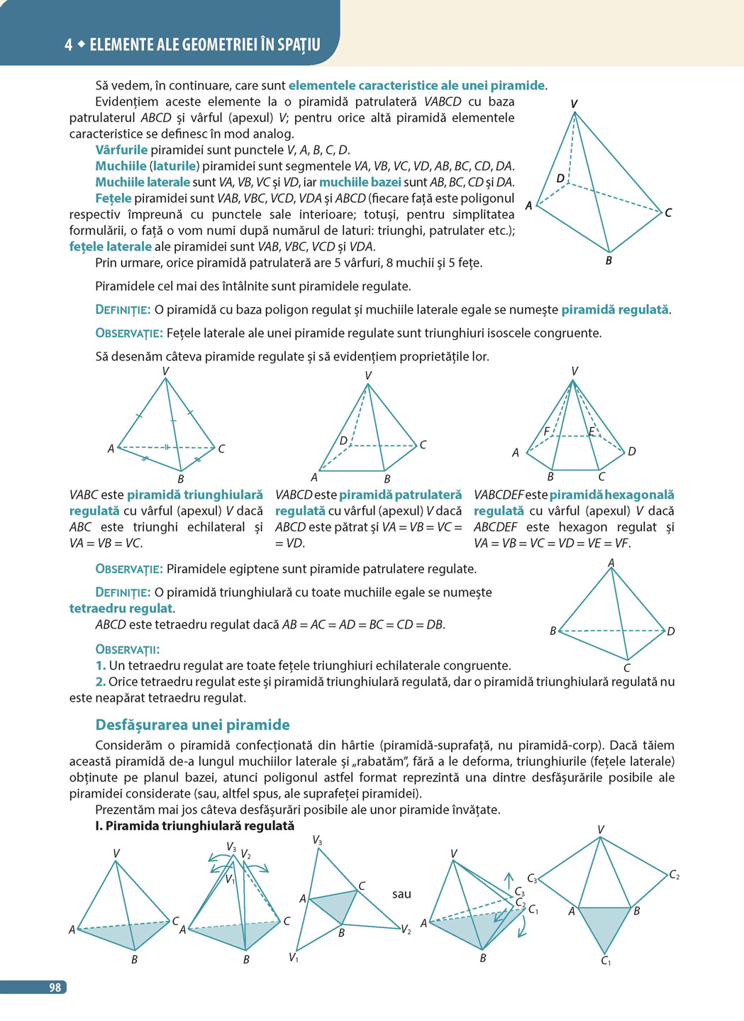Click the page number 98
(55, 987)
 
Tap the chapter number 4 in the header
(68, 45)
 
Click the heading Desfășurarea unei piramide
(192, 724)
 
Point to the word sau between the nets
(401, 894)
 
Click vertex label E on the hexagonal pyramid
(592, 431)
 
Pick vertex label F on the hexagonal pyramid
(547, 431)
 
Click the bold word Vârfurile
(121, 150)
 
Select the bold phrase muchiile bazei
(360, 182)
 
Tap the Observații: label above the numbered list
(127, 649)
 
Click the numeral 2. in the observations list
(100, 681)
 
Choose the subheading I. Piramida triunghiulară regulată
(194, 826)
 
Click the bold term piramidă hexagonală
(612, 495)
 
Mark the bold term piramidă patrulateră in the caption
(401, 495)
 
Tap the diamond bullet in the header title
(82, 44)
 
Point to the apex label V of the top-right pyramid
(574, 104)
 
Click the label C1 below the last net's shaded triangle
(606, 961)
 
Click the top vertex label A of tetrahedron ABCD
(611, 563)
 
